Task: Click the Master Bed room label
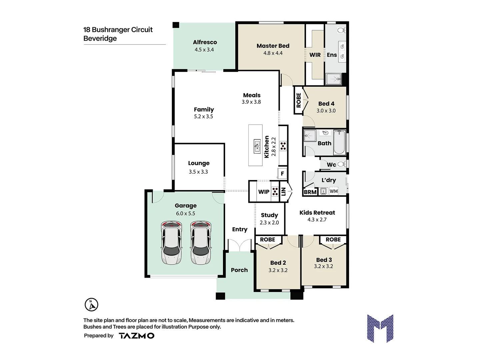pyautogui.click(x=273, y=46)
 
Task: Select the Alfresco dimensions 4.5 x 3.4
pyautogui.click(x=204, y=50)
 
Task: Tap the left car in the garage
pyautogui.click(x=171, y=243)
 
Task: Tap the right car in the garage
pyautogui.click(x=201, y=243)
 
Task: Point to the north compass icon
pyautogui.click(x=91, y=305)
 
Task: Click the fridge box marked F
pyautogui.click(x=282, y=173)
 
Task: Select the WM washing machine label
pyautogui.click(x=333, y=191)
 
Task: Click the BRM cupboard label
pyautogui.click(x=310, y=192)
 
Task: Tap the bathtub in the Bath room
pyautogui.click(x=340, y=143)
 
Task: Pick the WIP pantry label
pyautogui.click(x=264, y=192)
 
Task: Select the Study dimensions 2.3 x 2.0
pyautogui.click(x=269, y=223)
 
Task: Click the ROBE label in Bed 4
pyautogui.click(x=299, y=100)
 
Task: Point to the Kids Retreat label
pyautogui.click(x=317, y=213)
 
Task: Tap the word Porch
pyautogui.click(x=239, y=270)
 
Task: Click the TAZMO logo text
pyautogui.click(x=137, y=336)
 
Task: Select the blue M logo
pyautogui.click(x=380, y=328)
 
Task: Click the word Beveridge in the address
pyautogui.click(x=100, y=38)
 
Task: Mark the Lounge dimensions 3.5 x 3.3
pyautogui.click(x=198, y=172)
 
